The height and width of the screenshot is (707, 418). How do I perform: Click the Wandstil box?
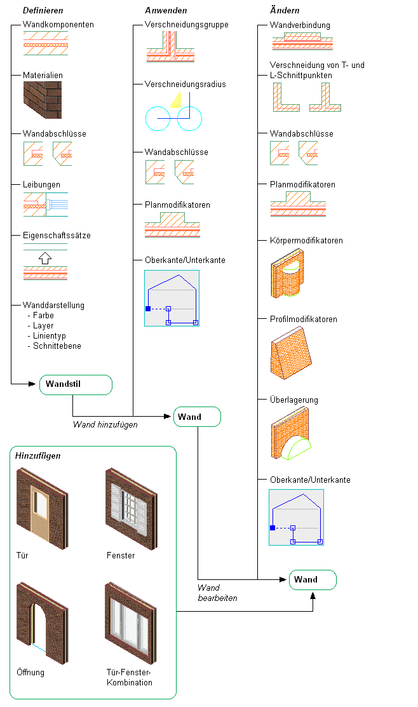pos(76,385)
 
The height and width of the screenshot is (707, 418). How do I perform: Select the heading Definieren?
pos(43,11)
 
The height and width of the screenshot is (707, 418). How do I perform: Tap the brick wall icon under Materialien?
pos(43,102)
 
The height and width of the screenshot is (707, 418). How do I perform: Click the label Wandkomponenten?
pos(58,25)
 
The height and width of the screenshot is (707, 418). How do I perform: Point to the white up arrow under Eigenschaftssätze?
pos(44,259)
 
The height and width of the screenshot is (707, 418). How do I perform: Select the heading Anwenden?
pos(166,11)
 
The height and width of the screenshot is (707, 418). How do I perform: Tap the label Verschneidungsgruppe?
pos(187,25)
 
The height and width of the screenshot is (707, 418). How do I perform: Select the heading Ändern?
pos(285,11)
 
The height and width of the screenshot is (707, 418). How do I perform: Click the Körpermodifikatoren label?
pos(306,241)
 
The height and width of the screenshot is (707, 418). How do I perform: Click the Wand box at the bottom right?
pos(313,580)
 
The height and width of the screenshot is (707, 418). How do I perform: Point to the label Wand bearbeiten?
pos(217,593)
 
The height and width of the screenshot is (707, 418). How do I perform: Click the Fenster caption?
pos(121,556)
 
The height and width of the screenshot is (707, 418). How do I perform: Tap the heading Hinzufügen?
pos(38,456)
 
